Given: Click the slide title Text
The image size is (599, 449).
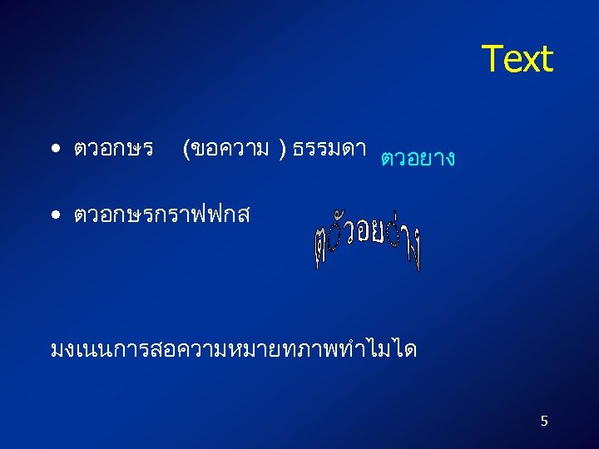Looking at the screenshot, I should (x=517, y=59).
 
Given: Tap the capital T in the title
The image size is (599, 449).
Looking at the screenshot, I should (x=492, y=59).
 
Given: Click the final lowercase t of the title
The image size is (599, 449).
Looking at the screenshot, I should (x=545, y=60).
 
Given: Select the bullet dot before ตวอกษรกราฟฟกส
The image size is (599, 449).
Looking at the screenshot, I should (x=54, y=215).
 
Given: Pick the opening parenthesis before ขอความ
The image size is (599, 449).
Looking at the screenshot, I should (x=186, y=150).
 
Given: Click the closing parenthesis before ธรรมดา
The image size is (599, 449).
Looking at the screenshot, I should (x=284, y=150).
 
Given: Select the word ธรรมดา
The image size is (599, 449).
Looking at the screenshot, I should (x=330, y=149).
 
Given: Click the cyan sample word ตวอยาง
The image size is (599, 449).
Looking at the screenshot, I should (x=417, y=157).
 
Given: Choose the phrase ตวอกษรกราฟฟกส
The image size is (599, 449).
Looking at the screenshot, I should (x=161, y=215).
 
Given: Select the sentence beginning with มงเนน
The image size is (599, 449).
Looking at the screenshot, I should (x=234, y=348).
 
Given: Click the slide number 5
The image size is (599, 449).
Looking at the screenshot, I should (x=544, y=421).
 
